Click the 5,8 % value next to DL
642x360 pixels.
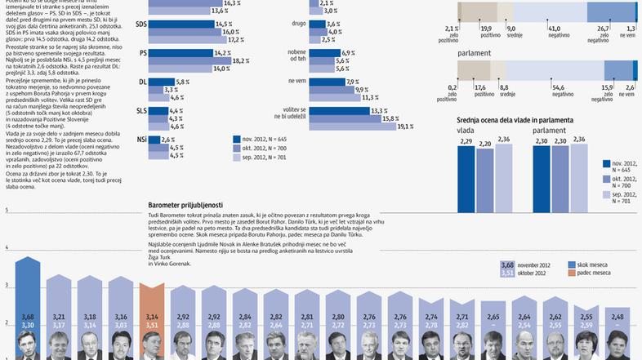[x=182, y=82]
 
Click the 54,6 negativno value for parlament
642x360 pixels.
[x=559, y=87]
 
